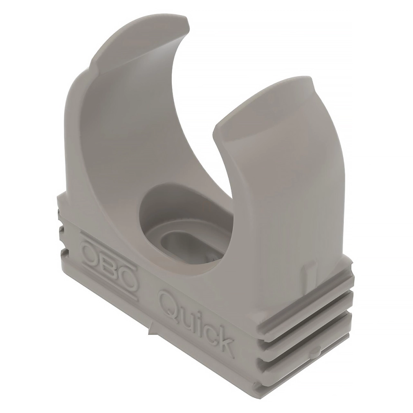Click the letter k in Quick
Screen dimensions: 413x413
point(224,340)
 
